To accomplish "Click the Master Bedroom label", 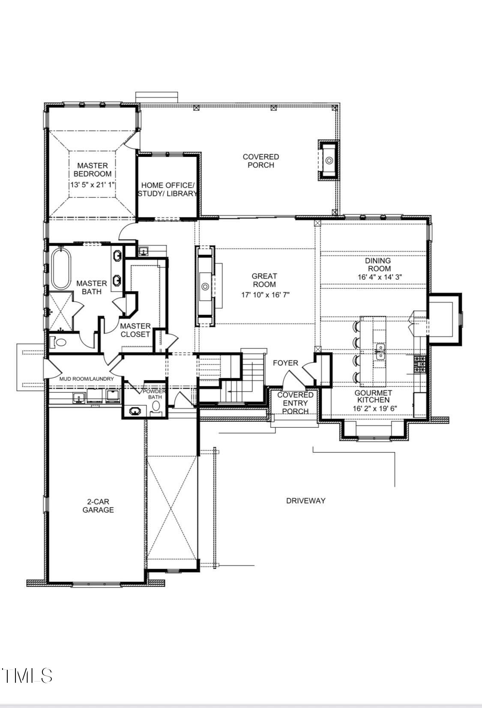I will click(x=93, y=169).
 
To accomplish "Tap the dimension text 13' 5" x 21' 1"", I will click(x=93, y=185).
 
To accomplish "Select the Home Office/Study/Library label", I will click(x=168, y=189).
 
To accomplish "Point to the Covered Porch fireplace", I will click(x=329, y=160).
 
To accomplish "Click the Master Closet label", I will click(x=135, y=330).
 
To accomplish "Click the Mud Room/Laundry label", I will click(x=86, y=379).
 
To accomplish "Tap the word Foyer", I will click(x=285, y=363).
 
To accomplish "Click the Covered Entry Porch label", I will click(x=295, y=403).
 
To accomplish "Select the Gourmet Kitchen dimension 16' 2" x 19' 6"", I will click(x=375, y=409).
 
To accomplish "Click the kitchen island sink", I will click(x=379, y=351).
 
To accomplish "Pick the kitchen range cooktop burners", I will click(x=420, y=365).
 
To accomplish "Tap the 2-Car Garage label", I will click(x=98, y=505).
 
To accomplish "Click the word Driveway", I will click(x=305, y=501).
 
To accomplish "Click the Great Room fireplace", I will click(x=205, y=286).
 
